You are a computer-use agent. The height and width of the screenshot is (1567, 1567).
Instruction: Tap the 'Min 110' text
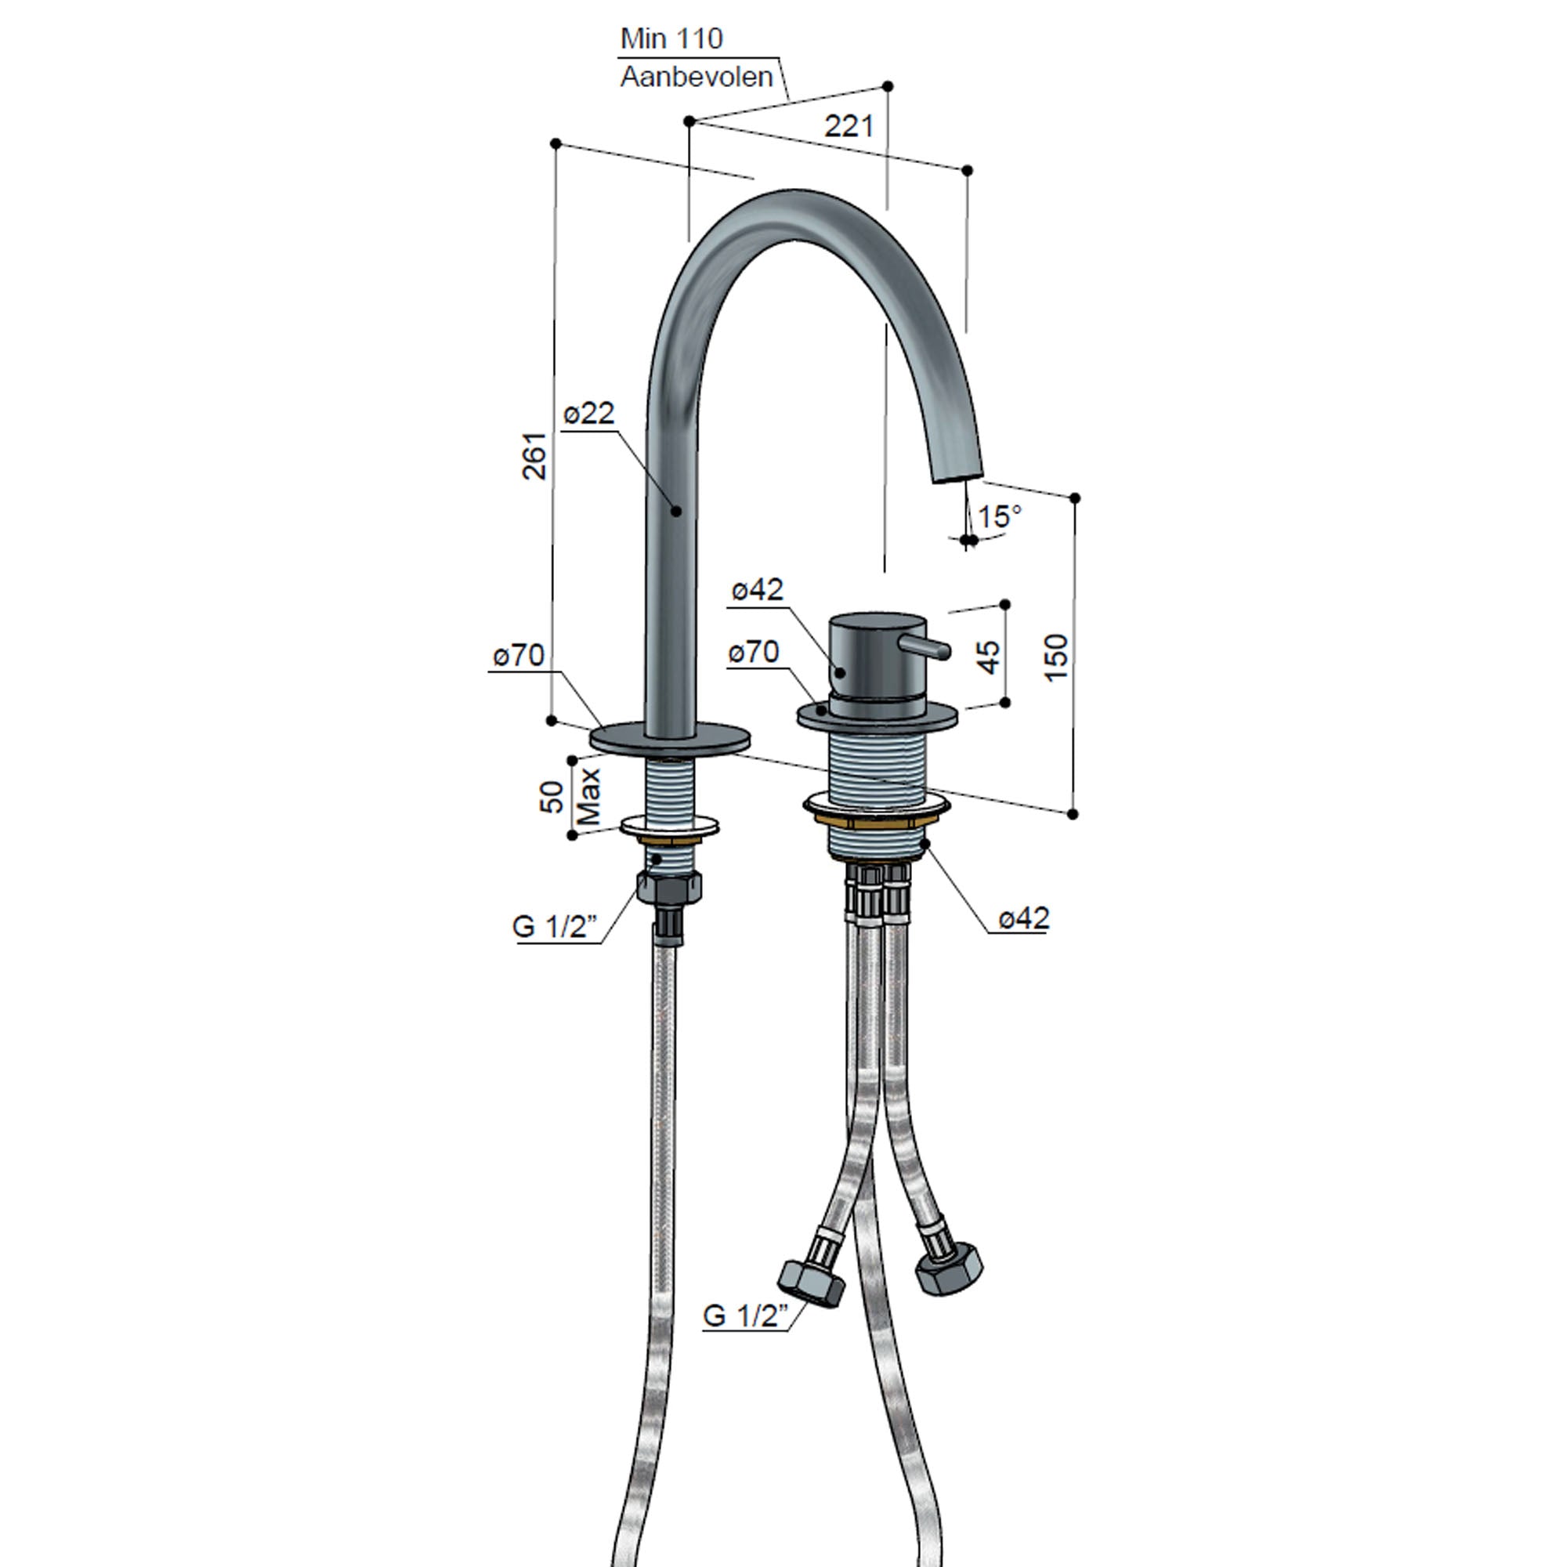[671, 38]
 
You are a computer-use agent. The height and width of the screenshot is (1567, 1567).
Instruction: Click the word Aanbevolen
[696, 77]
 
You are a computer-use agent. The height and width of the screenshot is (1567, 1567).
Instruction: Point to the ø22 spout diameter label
[589, 414]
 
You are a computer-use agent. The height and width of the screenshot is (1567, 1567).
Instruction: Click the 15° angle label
[999, 516]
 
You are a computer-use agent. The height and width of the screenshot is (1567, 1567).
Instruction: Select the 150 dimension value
[1056, 657]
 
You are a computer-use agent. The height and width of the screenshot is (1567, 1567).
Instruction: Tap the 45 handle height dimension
[989, 656]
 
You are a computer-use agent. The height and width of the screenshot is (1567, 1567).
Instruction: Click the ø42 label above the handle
[757, 590]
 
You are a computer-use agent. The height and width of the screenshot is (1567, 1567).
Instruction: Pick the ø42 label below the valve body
[1023, 919]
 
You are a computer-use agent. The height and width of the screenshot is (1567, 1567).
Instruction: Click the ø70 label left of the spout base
[518, 655]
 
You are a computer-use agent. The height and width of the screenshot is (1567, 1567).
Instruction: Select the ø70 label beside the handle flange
[753, 651]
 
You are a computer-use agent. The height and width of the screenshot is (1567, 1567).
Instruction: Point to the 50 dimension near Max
[552, 797]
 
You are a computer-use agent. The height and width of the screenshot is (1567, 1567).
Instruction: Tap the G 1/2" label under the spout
[555, 926]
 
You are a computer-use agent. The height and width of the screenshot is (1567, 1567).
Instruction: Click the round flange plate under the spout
[669, 738]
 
